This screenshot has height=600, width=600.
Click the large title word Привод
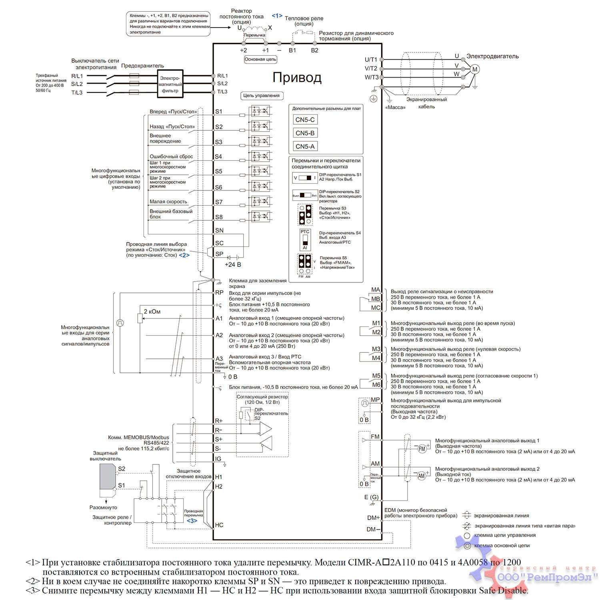pos(297,77)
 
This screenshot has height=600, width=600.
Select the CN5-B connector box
pos(305,133)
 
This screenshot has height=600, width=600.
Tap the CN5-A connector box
pos(305,146)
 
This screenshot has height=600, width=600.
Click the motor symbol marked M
pos(475,69)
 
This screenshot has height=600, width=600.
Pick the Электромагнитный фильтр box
pos(170,84)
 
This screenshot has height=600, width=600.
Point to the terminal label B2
pos(315,50)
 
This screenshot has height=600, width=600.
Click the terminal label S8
pos(219,217)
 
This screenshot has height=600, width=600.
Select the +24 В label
pos(233,264)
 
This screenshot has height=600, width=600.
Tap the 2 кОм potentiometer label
pos(152,312)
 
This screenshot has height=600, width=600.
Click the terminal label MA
pos(376,290)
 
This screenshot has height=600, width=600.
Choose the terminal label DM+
pos(373,518)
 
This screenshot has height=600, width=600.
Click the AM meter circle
pos(422,476)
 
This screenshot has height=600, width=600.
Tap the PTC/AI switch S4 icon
pos(305,240)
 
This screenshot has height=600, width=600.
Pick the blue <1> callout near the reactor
pos(277,16)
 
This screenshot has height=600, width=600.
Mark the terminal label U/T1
pos(371,60)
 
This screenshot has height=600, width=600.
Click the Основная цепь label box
pos(260,59)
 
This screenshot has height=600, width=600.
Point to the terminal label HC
pos(219,525)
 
